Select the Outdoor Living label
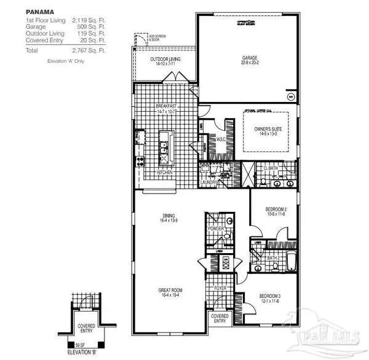tap(165, 60)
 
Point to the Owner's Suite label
tap(268, 128)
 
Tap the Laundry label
tap(206, 182)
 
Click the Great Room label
tap(169, 291)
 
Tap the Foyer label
tap(221, 287)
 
